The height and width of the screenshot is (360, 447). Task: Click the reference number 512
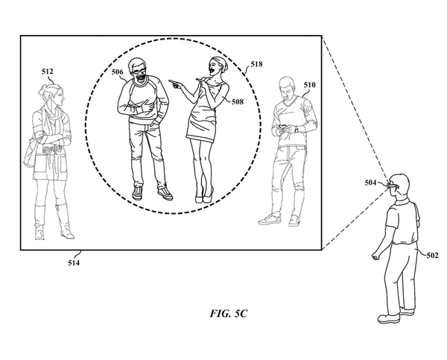pyautogui.click(x=48, y=72)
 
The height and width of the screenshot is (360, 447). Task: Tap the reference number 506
pyautogui.click(x=118, y=72)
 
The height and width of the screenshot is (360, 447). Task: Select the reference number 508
pyautogui.click(x=238, y=101)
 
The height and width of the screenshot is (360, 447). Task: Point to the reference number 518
pyautogui.click(x=256, y=64)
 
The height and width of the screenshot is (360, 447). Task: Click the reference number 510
pyautogui.click(x=310, y=85)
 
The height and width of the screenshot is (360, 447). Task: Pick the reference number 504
pyautogui.click(x=370, y=183)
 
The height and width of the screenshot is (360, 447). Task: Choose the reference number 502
pyautogui.click(x=432, y=256)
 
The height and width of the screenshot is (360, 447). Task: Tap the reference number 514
pyautogui.click(x=74, y=262)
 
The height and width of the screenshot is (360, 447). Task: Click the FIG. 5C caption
pyautogui.click(x=229, y=314)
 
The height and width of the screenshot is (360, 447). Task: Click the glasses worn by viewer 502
pyautogui.click(x=393, y=186)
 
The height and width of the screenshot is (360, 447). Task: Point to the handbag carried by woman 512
pyautogui.click(x=29, y=154)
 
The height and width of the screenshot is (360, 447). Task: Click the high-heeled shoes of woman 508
pyautogui.click(x=204, y=195)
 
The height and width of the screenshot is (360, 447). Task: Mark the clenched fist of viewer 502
pyautogui.click(x=376, y=256)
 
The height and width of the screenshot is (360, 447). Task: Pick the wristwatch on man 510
pyautogui.click(x=297, y=130)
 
